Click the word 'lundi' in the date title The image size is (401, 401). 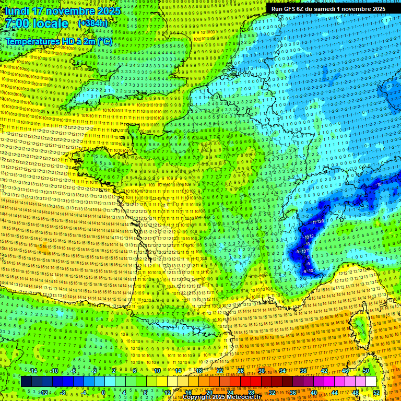[x=17, y=11]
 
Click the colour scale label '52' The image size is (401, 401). [x=376, y=393]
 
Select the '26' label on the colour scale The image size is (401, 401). [x=241, y=371]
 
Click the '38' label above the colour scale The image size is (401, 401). [x=303, y=371]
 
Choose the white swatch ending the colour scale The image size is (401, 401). [x=371, y=382]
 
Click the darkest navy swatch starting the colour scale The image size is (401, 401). [x=26, y=382]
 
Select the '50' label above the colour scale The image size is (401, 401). [x=366, y=371]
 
